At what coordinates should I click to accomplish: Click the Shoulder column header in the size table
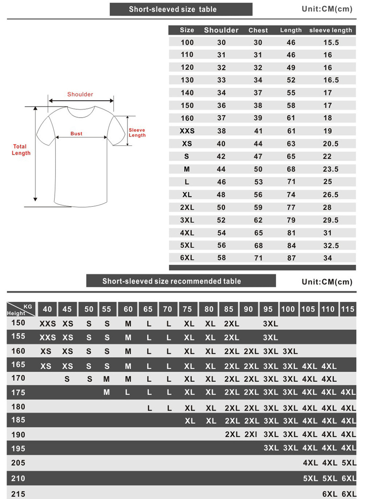pyautogui.click(x=221, y=30)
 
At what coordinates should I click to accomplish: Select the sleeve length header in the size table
pyautogui.click(x=331, y=30)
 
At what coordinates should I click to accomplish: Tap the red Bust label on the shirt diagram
pyautogui.click(x=77, y=134)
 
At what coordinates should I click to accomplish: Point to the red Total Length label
pyautogui.click(x=21, y=150)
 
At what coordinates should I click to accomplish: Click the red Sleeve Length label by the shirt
pyautogui.click(x=137, y=133)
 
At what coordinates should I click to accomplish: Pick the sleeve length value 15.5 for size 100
pyautogui.click(x=331, y=42)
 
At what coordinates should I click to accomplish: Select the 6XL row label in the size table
pyautogui.click(x=187, y=258)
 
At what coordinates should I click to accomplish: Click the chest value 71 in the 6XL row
pyautogui.click(x=258, y=258)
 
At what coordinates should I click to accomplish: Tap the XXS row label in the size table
pyautogui.click(x=187, y=131)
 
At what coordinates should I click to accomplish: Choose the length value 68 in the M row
pyautogui.click(x=291, y=169)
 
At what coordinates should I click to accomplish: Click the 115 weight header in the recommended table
pyautogui.click(x=347, y=309)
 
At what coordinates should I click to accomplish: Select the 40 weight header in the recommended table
pyautogui.click(x=47, y=309)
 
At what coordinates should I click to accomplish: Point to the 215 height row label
pyautogui.click(x=18, y=494)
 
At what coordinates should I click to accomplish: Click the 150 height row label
pyautogui.click(x=18, y=323)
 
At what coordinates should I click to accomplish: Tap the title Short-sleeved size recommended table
pyautogui.click(x=172, y=281)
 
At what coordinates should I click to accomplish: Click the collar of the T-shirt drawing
pyautogui.click(x=81, y=112)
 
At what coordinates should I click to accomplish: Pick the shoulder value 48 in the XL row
pyautogui.click(x=221, y=195)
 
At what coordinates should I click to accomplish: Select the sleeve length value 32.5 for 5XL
pyautogui.click(x=331, y=246)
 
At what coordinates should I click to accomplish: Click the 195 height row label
pyautogui.click(x=18, y=448)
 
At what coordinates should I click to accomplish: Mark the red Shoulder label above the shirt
pyautogui.click(x=80, y=94)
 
